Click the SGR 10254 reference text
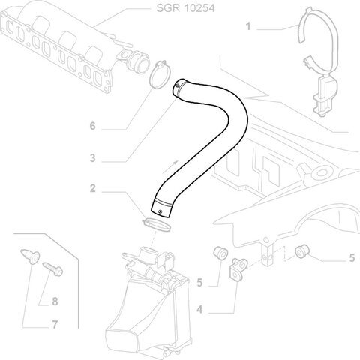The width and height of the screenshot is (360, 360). click(185, 8)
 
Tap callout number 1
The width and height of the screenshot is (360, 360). click(248, 26)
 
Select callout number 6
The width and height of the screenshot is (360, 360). click(92, 126)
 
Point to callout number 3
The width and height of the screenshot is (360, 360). click(92, 158)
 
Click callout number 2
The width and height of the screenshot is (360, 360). click(92, 188)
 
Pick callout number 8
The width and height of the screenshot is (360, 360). click(55, 301)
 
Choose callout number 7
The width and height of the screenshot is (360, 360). click(55, 325)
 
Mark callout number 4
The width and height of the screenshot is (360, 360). click(199, 310)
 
